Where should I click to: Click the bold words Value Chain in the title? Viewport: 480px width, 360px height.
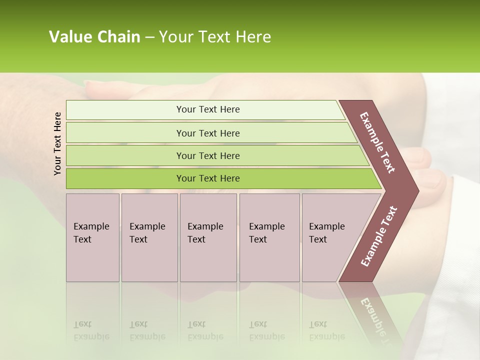click(x=94, y=37)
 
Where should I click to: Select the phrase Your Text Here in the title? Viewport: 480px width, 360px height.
click(x=215, y=37)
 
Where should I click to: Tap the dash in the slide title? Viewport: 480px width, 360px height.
click(x=149, y=37)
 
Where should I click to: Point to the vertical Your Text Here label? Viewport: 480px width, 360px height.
click(x=57, y=143)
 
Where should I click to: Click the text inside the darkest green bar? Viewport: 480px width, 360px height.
click(x=208, y=178)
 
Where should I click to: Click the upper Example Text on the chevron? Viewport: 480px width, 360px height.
click(x=377, y=142)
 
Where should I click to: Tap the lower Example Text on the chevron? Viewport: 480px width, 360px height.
click(x=378, y=236)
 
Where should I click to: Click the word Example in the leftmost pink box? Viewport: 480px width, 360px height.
click(x=91, y=226)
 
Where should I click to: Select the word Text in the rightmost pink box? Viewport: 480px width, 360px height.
click(x=318, y=239)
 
